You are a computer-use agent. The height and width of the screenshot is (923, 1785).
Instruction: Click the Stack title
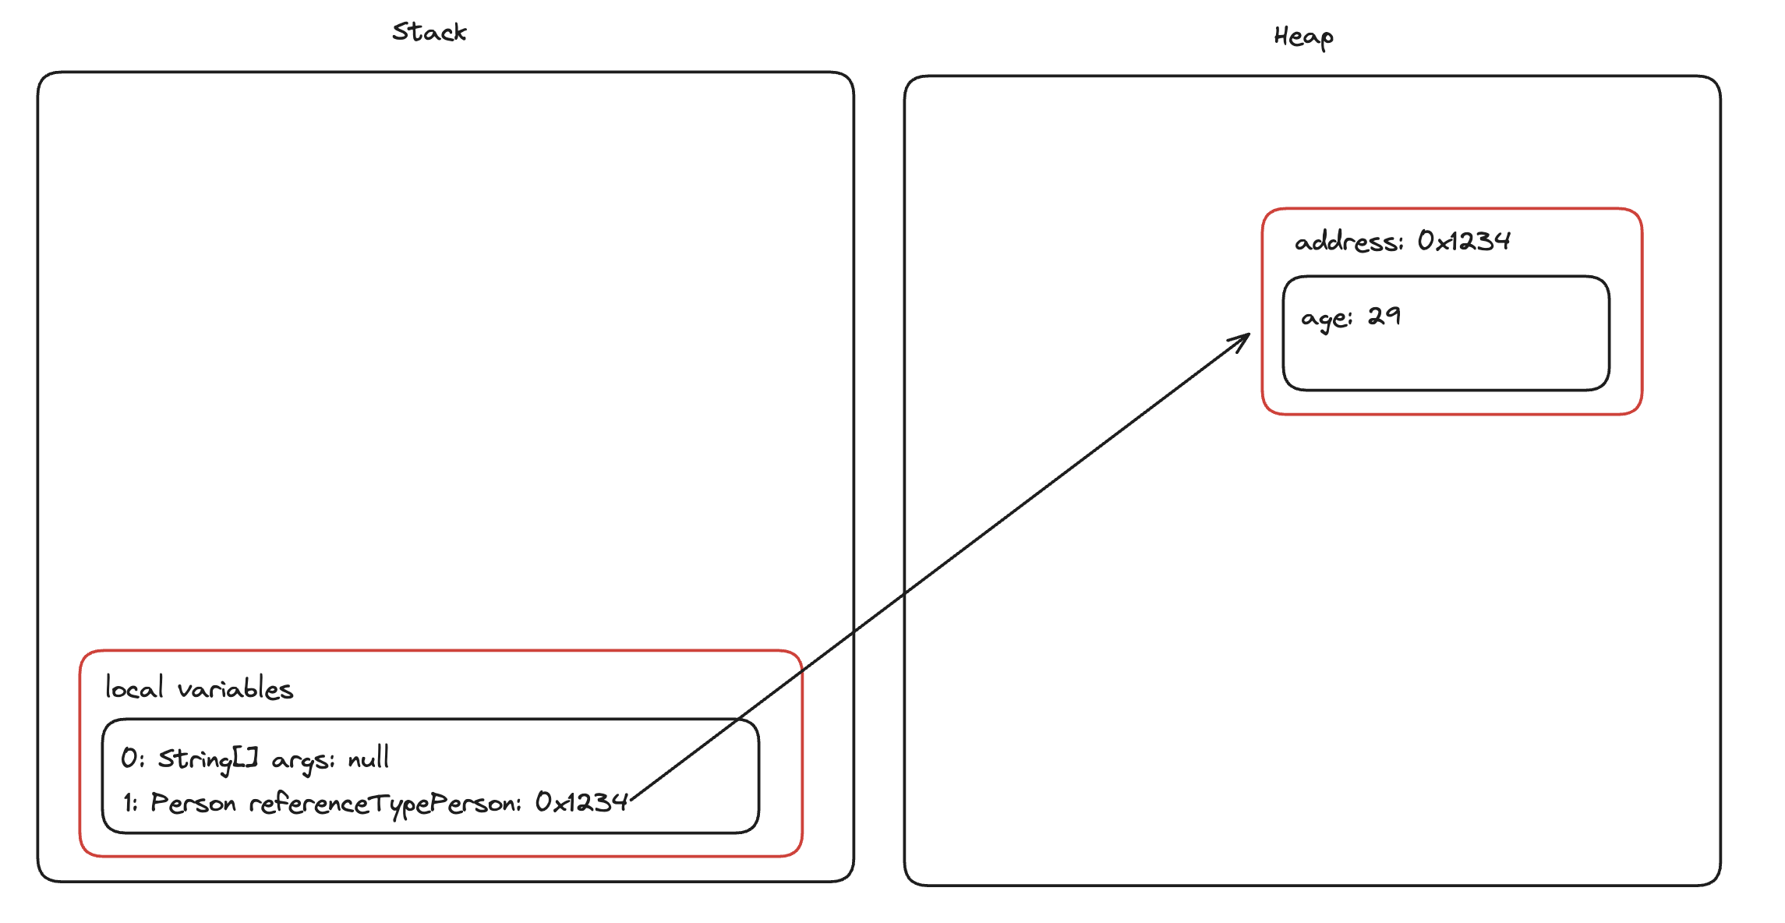coord(429,32)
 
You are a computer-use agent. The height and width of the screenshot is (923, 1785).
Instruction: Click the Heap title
coord(1303,37)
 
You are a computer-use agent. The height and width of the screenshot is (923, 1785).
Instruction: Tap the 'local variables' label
coord(199,688)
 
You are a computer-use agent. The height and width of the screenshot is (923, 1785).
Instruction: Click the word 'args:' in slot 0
coord(302,759)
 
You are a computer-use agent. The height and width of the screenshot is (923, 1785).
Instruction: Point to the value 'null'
coord(368,758)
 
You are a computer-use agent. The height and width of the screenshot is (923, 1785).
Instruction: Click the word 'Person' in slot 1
coord(193,802)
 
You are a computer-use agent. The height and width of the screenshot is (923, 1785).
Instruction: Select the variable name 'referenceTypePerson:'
coord(385,804)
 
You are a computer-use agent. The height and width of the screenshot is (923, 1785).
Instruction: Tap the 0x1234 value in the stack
coord(581,802)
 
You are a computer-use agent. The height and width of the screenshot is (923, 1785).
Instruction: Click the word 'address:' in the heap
coord(1348,242)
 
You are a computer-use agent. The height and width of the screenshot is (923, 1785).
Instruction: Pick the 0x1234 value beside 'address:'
coord(1463,241)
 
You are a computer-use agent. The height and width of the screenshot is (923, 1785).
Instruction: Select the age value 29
coord(1384,316)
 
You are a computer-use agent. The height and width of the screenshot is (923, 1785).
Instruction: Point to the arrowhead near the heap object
coord(1245,338)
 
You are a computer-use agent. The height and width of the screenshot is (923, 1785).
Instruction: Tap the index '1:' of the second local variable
coord(130,802)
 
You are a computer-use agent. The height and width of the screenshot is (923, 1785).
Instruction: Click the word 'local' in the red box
coord(134,688)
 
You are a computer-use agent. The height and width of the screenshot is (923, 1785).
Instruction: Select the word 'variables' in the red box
coord(235,689)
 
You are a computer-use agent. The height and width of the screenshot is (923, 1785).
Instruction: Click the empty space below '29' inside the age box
coord(1403,359)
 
